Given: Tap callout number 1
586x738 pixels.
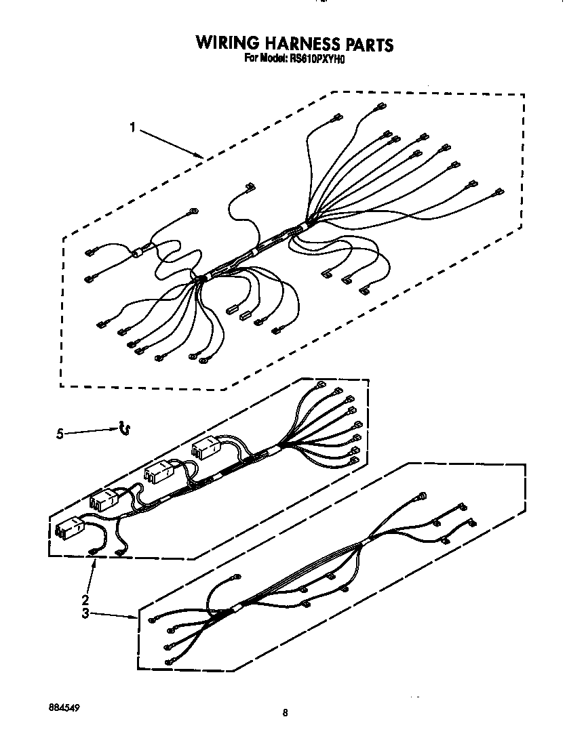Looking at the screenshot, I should [134, 127].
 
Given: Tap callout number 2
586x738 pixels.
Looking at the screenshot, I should [85, 599].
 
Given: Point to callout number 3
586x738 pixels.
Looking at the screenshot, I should [85, 613].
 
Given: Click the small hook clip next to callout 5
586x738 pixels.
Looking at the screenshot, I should [124, 427].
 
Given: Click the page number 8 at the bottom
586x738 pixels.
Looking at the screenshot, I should [286, 712].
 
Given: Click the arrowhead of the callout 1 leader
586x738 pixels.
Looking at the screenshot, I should [201, 157].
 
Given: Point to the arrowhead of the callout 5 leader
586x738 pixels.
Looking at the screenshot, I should [115, 428].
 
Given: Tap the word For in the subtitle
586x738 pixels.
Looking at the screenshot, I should [252, 58].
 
